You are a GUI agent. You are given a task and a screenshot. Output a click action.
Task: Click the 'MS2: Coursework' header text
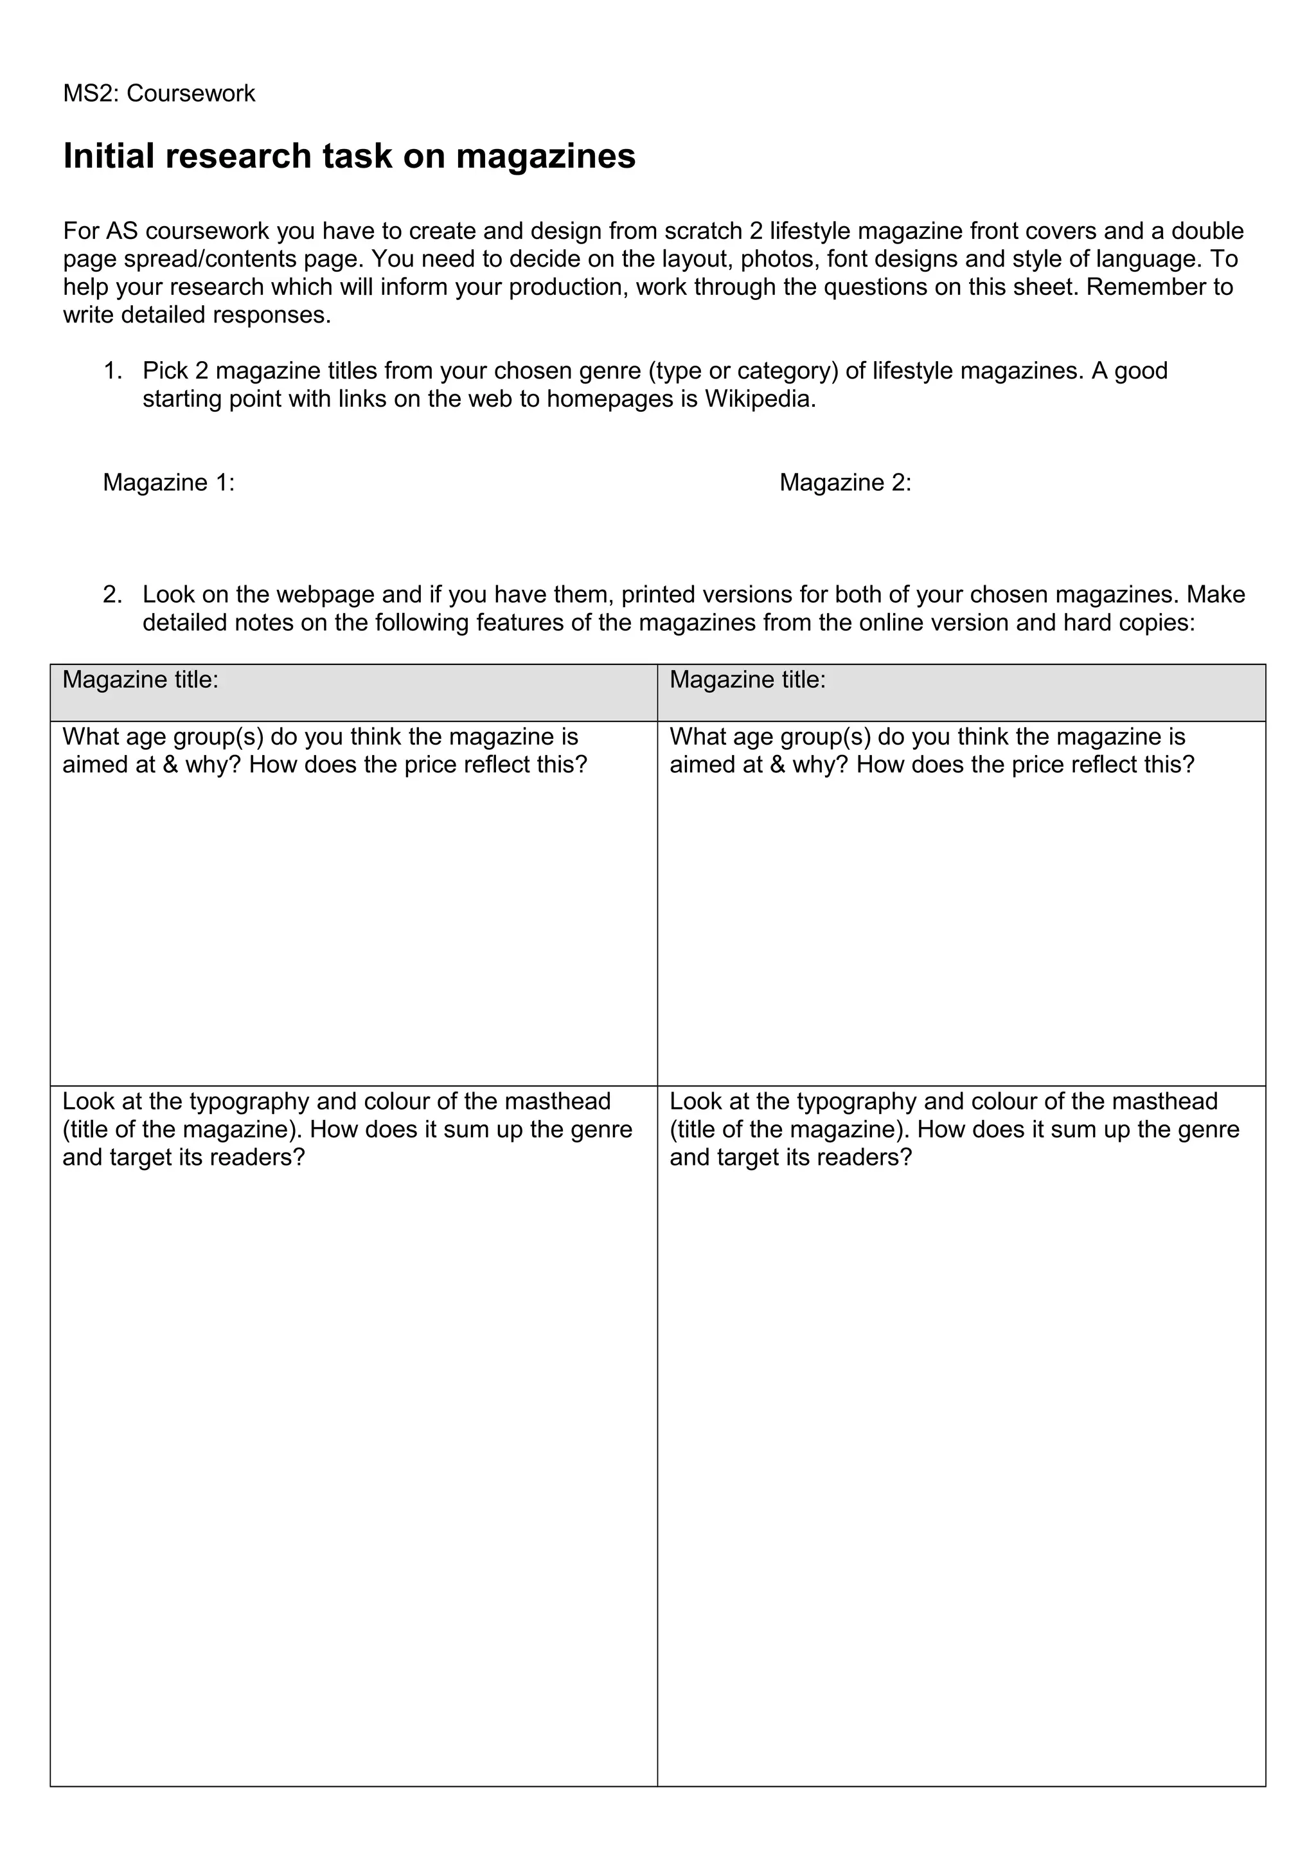click(x=159, y=93)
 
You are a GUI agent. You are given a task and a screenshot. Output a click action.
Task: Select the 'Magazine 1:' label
click(x=168, y=483)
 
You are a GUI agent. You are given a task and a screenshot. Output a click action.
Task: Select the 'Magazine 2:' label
click(x=845, y=483)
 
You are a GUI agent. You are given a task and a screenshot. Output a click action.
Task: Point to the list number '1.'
click(x=112, y=371)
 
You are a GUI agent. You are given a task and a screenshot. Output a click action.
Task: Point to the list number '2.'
click(x=112, y=594)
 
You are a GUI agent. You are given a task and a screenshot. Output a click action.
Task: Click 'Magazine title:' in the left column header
click(x=140, y=680)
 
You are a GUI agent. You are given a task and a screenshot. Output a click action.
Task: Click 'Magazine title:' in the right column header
click(x=747, y=680)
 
